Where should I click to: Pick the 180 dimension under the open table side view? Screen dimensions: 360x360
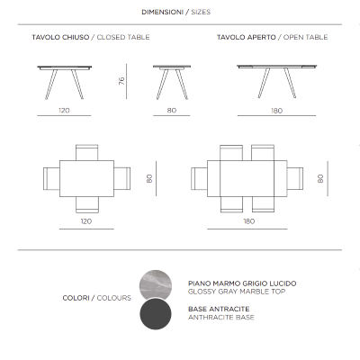[x=276, y=111]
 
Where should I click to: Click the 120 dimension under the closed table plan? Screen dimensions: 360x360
[x=86, y=220]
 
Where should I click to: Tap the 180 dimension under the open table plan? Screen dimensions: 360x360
[x=247, y=220]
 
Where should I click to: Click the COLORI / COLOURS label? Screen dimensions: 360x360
[x=97, y=298]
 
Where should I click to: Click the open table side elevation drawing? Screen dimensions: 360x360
[x=276, y=79]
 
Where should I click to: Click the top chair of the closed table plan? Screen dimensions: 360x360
[x=86, y=152]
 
